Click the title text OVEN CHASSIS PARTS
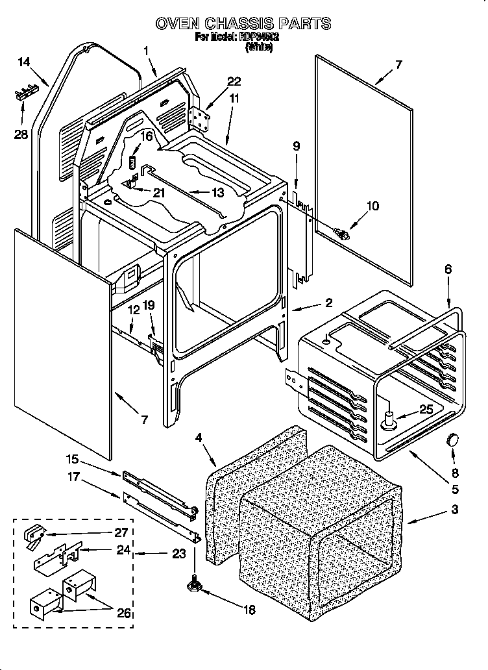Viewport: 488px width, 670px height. click(x=243, y=24)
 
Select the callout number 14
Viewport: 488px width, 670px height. click(x=24, y=62)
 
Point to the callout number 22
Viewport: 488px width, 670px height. click(x=234, y=82)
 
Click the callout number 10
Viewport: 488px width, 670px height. click(x=372, y=207)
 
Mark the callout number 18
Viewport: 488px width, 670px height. click(x=249, y=610)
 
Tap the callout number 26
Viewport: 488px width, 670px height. click(x=123, y=614)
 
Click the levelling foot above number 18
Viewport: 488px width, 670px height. click(x=194, y=586)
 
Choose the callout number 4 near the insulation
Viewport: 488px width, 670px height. click(x=199, y=438)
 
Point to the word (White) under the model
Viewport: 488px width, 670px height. click(x=258, y=47)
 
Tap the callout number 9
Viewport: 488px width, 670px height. click(x=295, y=147)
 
